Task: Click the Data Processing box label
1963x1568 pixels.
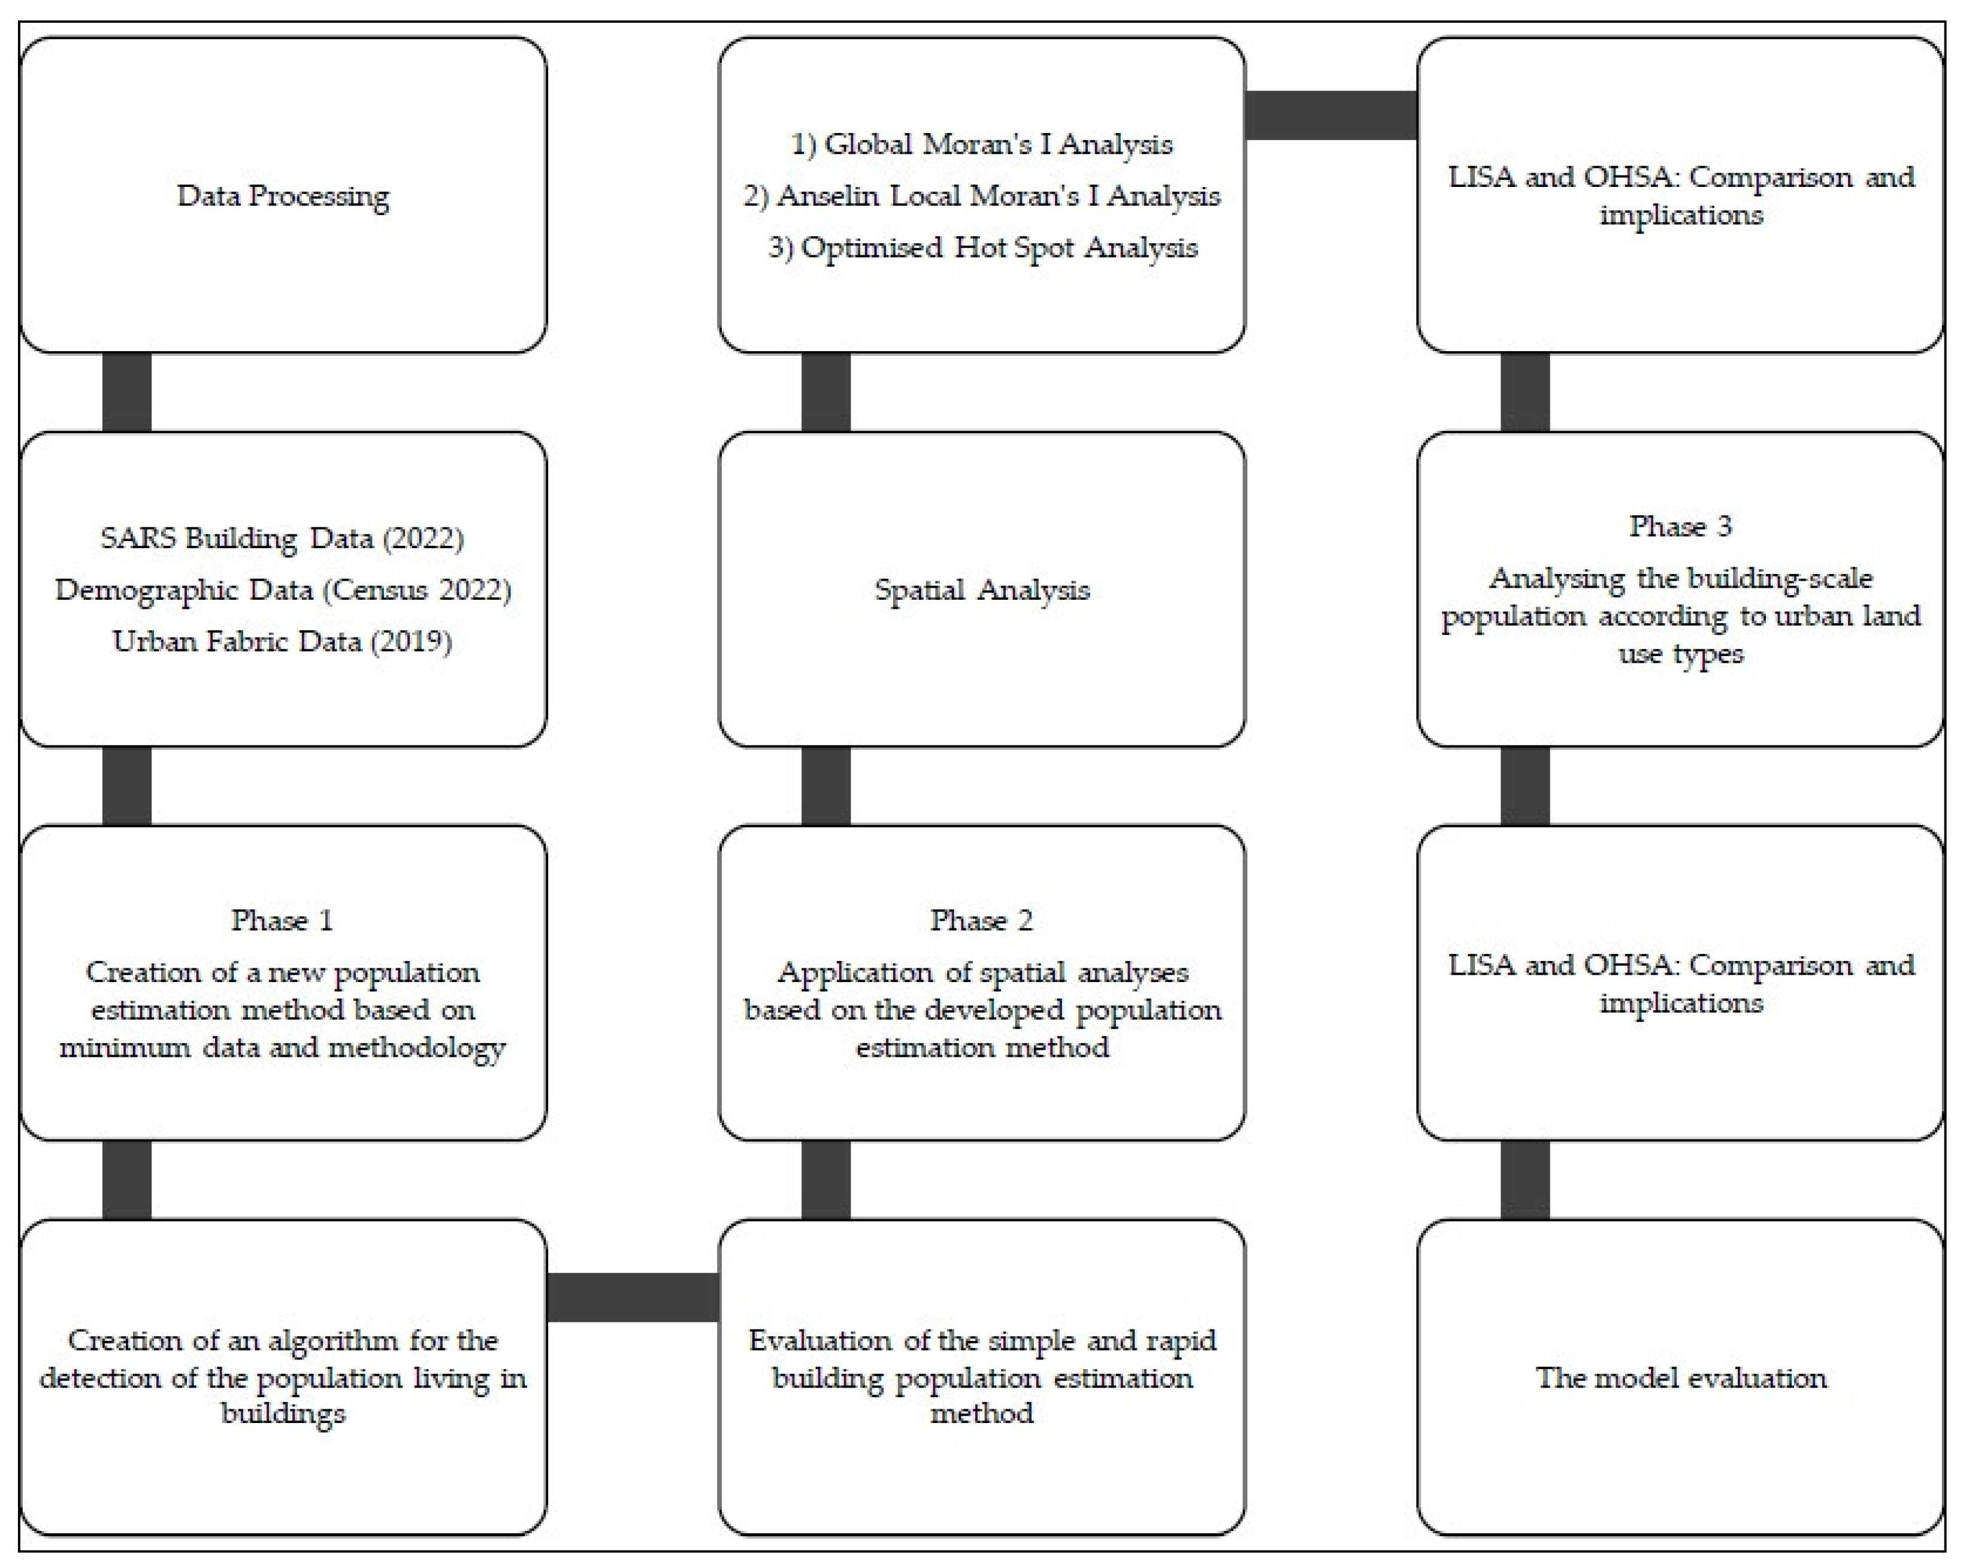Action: point(283,196)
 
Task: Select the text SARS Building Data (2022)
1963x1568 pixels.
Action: point(282,537)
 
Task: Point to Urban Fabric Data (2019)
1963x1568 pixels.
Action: point(282,641)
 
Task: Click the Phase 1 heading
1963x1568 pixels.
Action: point(282,920)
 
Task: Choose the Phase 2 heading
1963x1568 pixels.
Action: point(981,920)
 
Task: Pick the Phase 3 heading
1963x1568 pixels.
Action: point(1681,525)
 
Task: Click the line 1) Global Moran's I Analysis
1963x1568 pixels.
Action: point(981,144)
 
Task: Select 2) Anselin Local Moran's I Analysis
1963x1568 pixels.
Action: point(981,196)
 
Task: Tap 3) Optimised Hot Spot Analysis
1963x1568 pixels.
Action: point(981,247)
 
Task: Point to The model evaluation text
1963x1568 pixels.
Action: point(1681,1377)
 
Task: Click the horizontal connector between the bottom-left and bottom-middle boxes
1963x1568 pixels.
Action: point(633,1297)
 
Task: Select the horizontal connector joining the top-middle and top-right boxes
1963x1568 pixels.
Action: point(1331,116)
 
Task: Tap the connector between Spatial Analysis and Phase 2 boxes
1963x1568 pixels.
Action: point(826,786)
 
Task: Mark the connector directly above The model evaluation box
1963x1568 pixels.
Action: point(1525,1180)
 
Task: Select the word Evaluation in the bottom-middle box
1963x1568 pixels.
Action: point(820,1340)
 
